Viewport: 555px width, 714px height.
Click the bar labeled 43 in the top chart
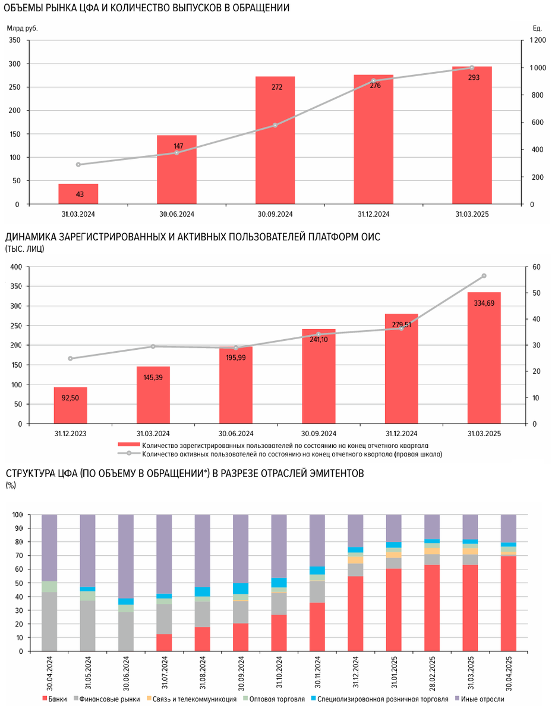point(78,194)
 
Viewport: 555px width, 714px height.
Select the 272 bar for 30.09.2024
point(275,140)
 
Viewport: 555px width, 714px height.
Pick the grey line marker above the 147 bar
point(176,153)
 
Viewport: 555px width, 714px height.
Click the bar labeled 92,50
point(70,405)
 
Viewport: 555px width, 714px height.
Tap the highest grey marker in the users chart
point(484,275)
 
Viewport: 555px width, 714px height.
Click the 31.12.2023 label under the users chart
point(70,434)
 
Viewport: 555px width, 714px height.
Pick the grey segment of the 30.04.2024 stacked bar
point(49,621)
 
